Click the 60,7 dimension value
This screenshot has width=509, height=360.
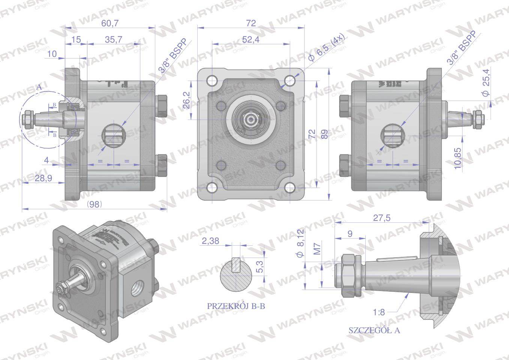pos(110,23)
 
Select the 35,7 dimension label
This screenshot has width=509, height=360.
pos(113,39)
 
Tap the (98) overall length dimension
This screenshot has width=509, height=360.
pos(94,204)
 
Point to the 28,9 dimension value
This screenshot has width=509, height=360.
pos(43,178)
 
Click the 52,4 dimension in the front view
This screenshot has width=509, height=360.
pos(251,39)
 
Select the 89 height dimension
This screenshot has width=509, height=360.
pos(324,134)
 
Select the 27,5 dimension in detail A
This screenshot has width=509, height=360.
pos(381,218)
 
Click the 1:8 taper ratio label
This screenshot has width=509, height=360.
pos(379,312)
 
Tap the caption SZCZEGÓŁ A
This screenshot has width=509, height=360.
pos(374,330)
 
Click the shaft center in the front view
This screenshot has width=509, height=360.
pos(250,120)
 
